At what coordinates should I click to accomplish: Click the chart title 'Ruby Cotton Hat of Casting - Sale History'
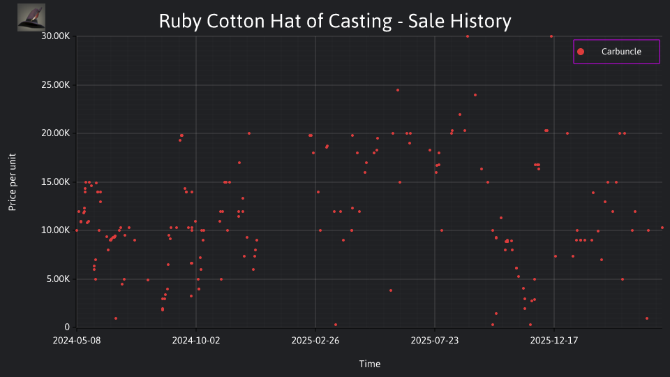335,21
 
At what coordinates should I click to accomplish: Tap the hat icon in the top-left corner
31,17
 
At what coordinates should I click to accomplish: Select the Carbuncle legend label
621,52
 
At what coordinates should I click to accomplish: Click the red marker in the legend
581,52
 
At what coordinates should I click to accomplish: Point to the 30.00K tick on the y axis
56,36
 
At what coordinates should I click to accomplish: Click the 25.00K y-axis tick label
56,85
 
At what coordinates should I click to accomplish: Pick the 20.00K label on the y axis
56,133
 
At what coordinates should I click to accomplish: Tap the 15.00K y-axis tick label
56,182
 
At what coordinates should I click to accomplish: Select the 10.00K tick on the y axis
56,230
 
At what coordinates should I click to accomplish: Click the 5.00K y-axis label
58,279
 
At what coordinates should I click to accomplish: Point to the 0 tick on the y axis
67,327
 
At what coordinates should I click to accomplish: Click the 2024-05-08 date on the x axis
77,341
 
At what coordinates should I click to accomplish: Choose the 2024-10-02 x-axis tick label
196,341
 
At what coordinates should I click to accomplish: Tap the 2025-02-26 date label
315,341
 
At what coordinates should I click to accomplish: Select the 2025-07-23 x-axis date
435,341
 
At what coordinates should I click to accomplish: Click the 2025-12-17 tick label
554,341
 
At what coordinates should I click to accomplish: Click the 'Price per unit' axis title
13,182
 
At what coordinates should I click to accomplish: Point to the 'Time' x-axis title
370,364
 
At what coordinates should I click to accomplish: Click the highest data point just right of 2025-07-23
468,36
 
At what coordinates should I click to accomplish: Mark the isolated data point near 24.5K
398,90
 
